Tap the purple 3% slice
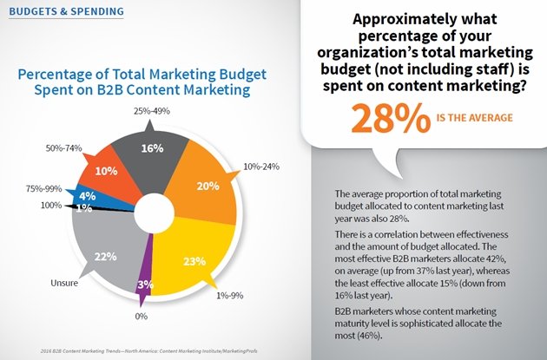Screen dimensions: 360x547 148,285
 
